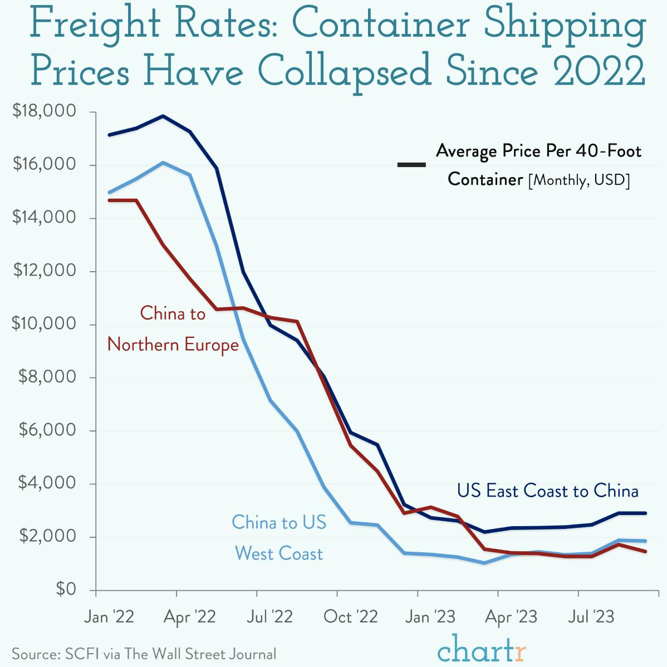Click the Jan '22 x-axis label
point(109,617)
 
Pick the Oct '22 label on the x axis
point(350,617)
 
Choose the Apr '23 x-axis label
point(511,617)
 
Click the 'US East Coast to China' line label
point(547,491)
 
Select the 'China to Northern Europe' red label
point(173,329)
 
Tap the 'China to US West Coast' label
point(279,538)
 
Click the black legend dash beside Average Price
point(411,165)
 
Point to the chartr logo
point(481,650)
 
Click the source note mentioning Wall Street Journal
point(144,654)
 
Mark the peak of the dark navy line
point(163,116)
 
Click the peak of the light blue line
point(163,163)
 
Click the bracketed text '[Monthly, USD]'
point(578,180)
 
